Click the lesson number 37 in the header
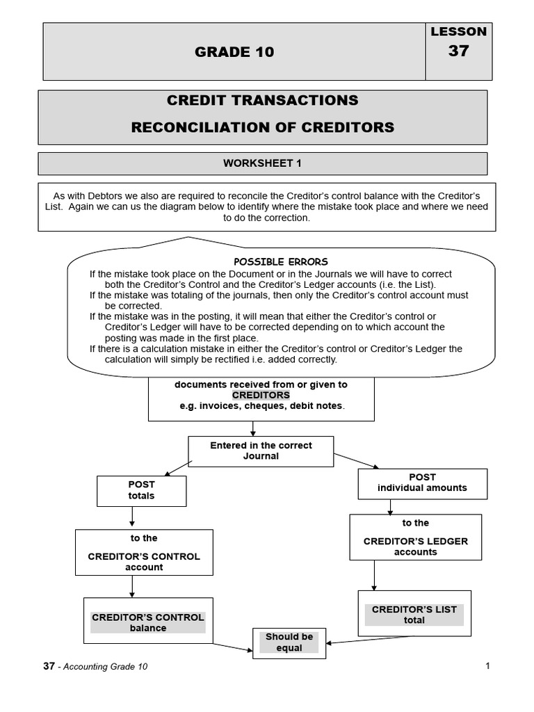click(x=458, y=51)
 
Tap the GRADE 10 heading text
click(x=234, y=52)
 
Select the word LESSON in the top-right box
click(x=458, y=31)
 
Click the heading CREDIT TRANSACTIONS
click(x=262, y=100)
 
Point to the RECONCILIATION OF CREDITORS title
click(x=262, y=127)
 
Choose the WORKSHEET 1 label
click(x=262, y=163)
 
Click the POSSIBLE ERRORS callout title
click(x=280, y=261)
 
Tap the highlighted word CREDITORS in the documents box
click(x=261, y=395)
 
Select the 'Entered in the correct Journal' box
click(x=261, y=451)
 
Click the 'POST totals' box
click(x=141, y=490)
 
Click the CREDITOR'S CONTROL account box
click(x=143, y=552)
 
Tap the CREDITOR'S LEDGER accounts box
click(x=415, y=537)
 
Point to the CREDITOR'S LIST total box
click(x=414, y=614)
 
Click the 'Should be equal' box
click(x=289, y=642)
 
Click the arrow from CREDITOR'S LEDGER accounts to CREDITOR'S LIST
click(x=374, y=575)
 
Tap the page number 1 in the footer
click(x=487, y=666)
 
